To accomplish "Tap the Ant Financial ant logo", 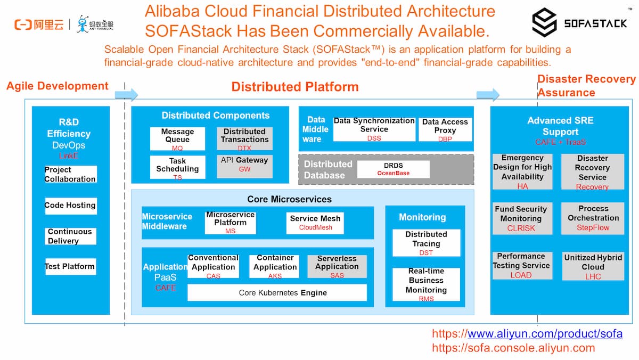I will pos(83,24).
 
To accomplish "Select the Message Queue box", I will pos(177,138).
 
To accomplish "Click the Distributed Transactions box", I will pos(244,138).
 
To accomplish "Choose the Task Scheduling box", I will pos(177,167).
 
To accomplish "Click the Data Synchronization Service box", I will pos(374,129).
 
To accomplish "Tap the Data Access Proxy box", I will pos(445,129).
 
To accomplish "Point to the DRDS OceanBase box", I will pos(393,169).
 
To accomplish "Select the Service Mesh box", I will pos(315,222).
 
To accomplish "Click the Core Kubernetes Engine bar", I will pos(277,292).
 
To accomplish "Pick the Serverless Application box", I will pos(337,266).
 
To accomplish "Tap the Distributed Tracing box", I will pos(426,242).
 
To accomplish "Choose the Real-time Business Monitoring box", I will pos(426,284).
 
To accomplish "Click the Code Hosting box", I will pos(70,206).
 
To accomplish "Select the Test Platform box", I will pos(70,266).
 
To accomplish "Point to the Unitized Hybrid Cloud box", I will pos(593,266).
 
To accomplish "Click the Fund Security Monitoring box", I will pos(521,218).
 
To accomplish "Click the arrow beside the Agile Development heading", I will pos(126,95).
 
